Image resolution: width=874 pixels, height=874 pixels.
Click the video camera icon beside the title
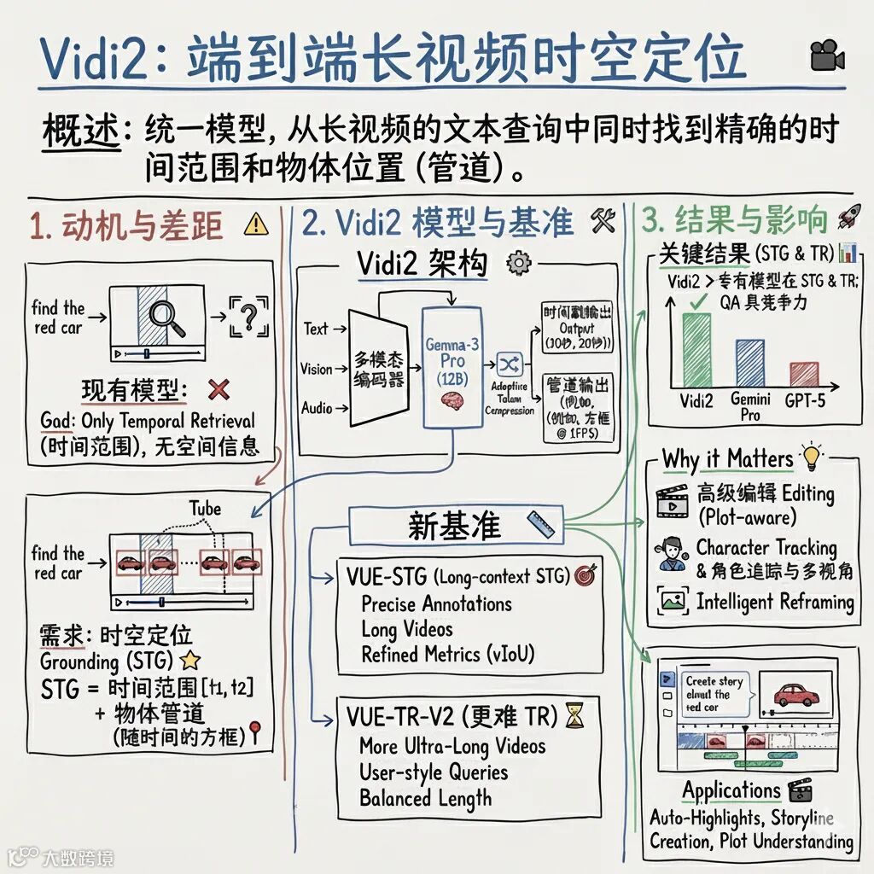pos(827,56)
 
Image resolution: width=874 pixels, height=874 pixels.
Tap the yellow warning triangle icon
pos(255,224)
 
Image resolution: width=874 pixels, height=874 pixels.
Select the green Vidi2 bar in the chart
pos(697,350)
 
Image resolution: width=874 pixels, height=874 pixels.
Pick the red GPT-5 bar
pos(804,374)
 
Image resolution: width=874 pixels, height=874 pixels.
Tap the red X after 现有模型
pos(218,390)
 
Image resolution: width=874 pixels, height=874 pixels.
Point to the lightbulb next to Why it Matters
pos(809,457)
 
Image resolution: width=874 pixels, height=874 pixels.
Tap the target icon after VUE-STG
pos(585,575)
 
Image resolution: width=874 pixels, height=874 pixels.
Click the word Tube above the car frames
pos(205,510)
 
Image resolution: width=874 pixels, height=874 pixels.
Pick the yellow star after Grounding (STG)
pos(190,660)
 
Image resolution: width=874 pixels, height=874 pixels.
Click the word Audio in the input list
pos(318,408)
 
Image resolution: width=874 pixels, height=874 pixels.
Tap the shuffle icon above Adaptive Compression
pos(509,365)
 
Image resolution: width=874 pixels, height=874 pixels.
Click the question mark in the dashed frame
pos(249,318)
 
